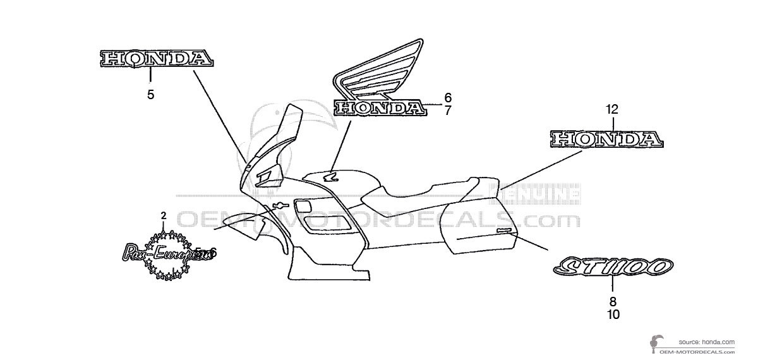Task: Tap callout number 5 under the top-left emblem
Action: pos(150,95)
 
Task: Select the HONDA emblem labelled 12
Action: pos(607,139)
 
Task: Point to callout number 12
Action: pos(611,109)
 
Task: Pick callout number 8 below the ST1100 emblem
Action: pos(613,301)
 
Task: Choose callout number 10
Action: pos(613,314)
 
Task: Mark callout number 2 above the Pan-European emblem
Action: pos(164,216)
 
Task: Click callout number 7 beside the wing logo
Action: pos(447,111)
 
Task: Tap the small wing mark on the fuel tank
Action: pos(330,176)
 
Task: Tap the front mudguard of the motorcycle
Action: pos(240,224)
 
